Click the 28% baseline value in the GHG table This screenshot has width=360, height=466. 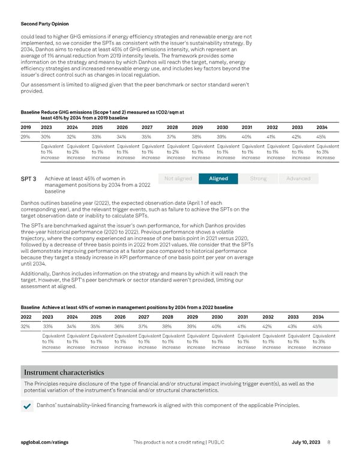click(26, 136)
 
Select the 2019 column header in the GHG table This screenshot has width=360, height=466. click(26, 127)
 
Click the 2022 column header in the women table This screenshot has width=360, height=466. click(27, 317)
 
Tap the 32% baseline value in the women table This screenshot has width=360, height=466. click(26, 327)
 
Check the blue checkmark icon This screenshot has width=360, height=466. click(26, 407)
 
